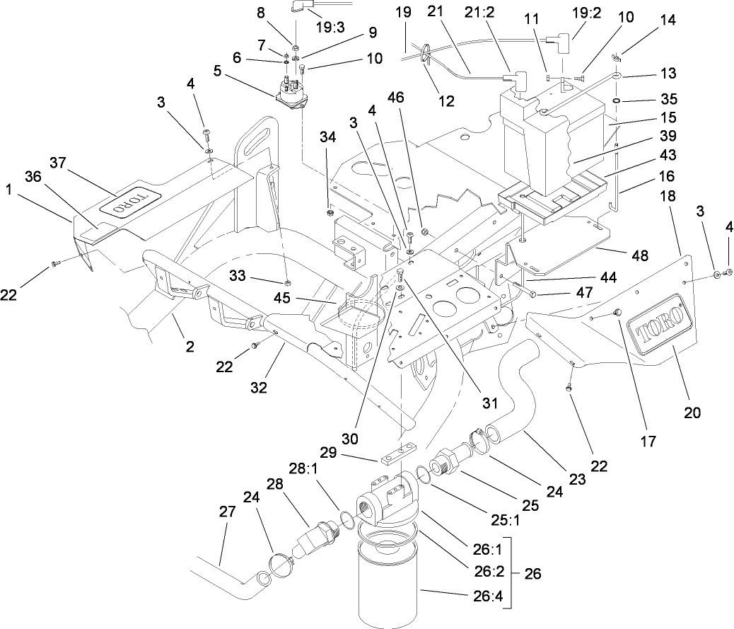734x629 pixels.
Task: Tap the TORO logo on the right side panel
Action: pyautogui.click(x=660, y=326)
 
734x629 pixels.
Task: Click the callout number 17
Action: pyautogui.click(x=647, y=440)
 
